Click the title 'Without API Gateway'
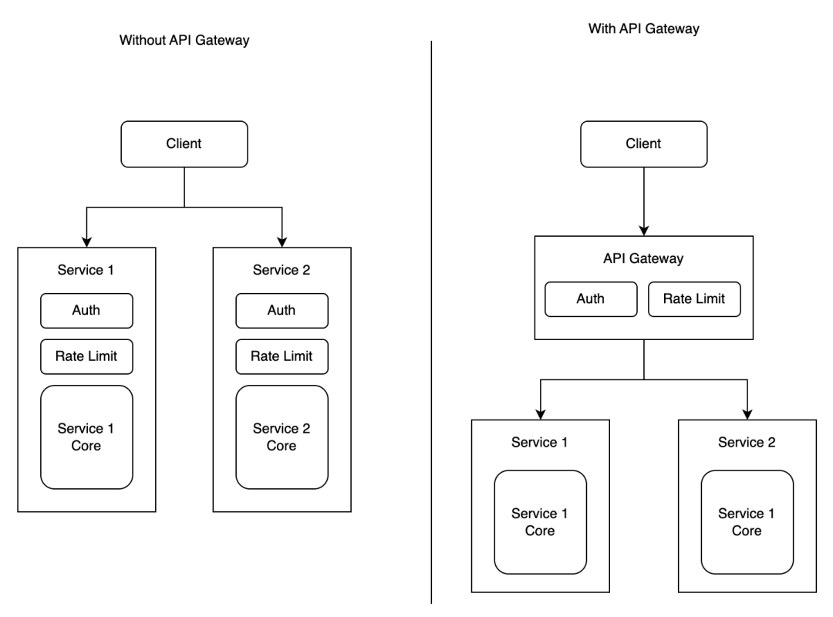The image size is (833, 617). click(x=184, y=41)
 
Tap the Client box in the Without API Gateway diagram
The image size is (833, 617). click(x=184, y=143)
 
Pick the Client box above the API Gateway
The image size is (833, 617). click(x=643, y=143)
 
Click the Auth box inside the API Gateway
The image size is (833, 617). click(x=591, y=299)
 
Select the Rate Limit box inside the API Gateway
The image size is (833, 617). click(x=694, y=299)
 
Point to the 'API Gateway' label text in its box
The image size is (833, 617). click(x=643, y=259)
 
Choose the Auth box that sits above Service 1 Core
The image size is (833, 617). click(x=86, y=311)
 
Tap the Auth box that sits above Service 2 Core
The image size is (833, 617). click(x=282, y=311)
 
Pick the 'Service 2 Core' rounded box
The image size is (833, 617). click(x=282, y=437)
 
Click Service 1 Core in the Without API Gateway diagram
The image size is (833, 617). click(x=86, y=437)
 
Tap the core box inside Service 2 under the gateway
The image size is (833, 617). click(x=747, y=521)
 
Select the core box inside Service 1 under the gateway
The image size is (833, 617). click(x=540, y=521)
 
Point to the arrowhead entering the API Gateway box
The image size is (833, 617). click(x=643, y=229)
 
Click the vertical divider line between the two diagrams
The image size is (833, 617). click(x=430, y=308)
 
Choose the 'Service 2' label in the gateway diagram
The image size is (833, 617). click(x=747, y=443)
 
